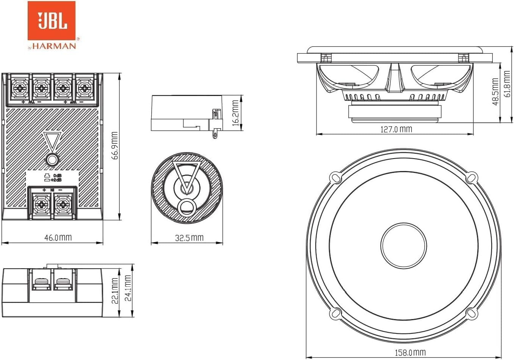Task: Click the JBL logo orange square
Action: pyautogui.click(x=51, y=20)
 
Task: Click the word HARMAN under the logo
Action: pyautogui.click(x=54, y=46)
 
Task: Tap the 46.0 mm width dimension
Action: pyautogui.click(x=58, y=238)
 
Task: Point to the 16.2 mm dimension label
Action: pyautogui.click(x=235, y=113)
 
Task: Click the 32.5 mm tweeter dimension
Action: pyautogui.click(x=189, y=238)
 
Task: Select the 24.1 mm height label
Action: pyautogui.click(x=128, y=288)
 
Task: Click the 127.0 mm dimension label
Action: pyautogui.click(x=396, y=129)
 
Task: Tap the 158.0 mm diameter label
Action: pyautogui.click(x=410, y=353)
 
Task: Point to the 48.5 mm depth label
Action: pyautogui.click(x=495, y=92)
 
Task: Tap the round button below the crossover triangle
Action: pyautogui.click(x=52, y=160)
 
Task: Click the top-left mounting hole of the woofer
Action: pyautogui.click(x=335, y=177)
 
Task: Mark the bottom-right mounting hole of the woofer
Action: pyautogui.click(x=471, y=313)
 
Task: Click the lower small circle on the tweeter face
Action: pyautogui.click(x=186, y=206)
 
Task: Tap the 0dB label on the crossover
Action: pyautogui.click(x=57, y=176)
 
